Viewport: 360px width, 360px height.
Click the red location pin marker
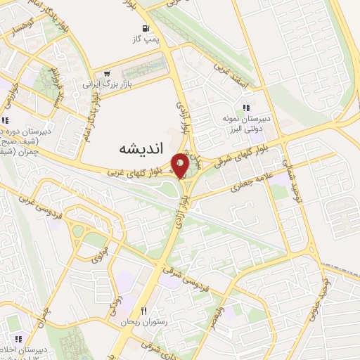point(181,165)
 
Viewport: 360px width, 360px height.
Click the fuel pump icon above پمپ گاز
point(145,30)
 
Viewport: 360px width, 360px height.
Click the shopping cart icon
point(107,72)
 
